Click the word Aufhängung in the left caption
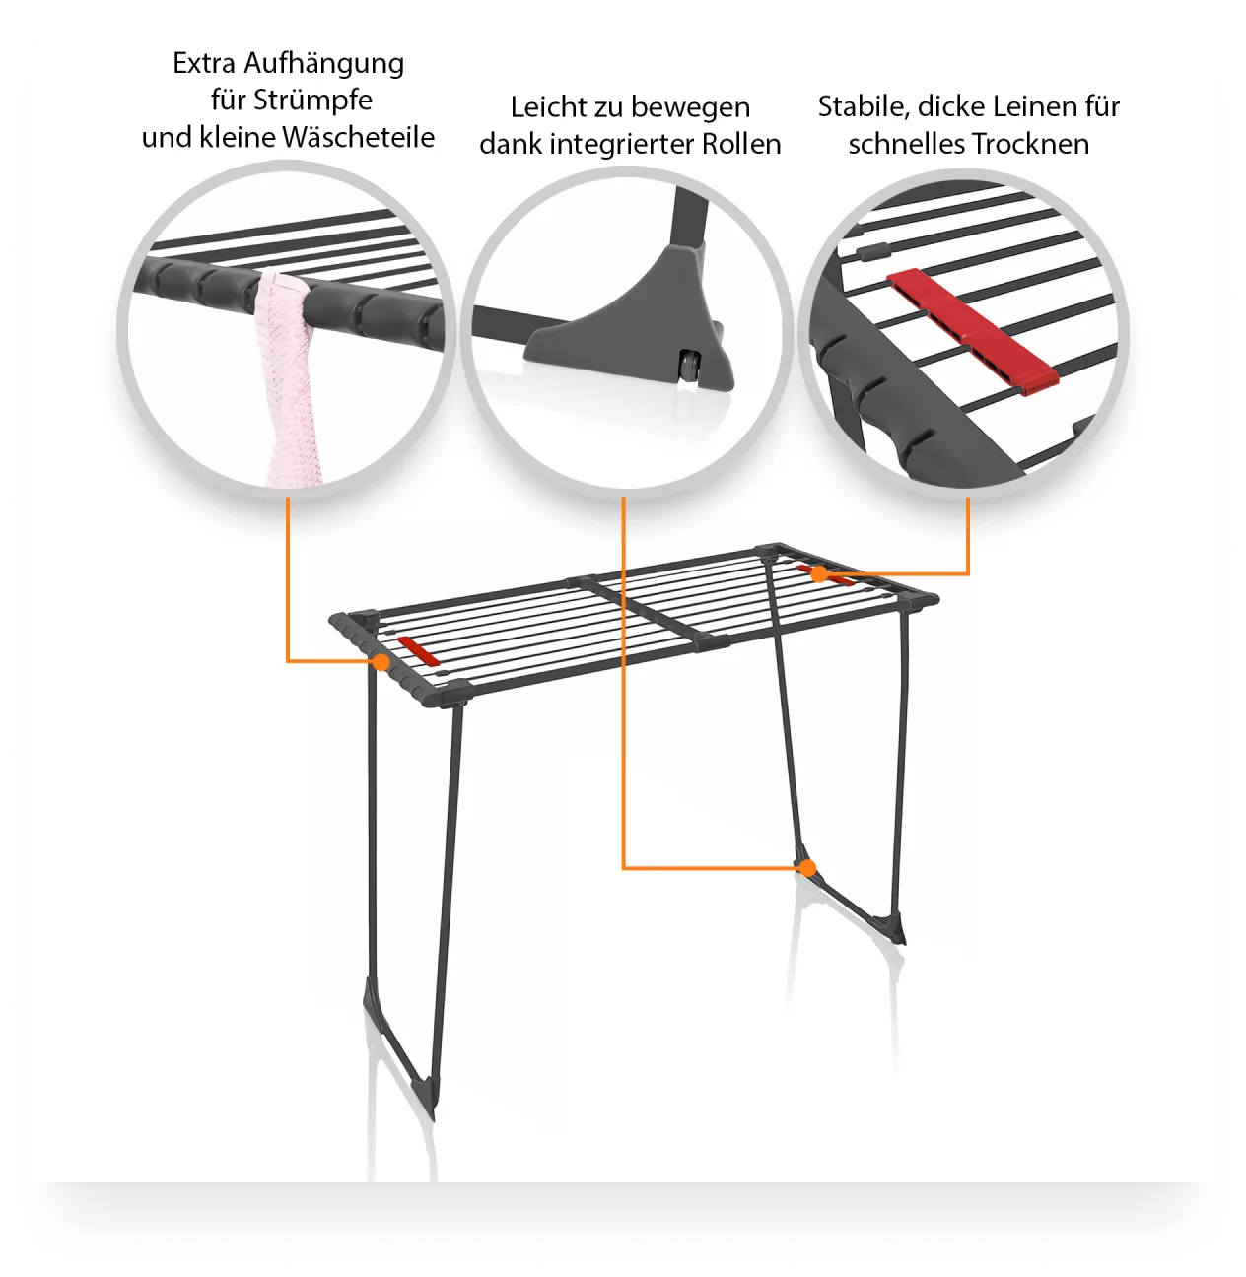(x=323, y=65)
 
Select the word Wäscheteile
(x=359, y=137)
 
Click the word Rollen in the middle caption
(x=741, y=144)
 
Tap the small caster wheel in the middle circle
(x=689, y=365)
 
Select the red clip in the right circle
(x=973, y=333)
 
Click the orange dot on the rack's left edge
(x=381, y=661)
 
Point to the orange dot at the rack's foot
(x=807, y=868)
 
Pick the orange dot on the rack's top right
(x=819, y=574)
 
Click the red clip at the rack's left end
(x=418, y=649)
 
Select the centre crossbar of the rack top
(x=649, y=612)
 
